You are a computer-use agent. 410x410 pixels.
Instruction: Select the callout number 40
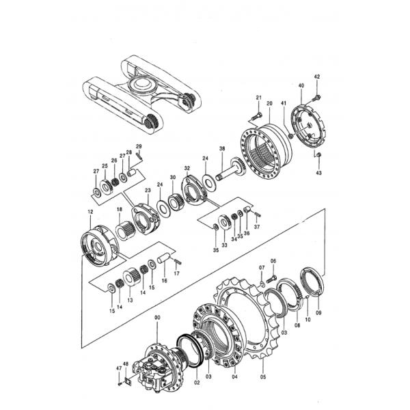pos(301,85)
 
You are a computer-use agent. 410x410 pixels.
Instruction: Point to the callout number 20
pos(269,103)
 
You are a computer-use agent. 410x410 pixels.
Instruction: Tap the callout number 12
pos(90,213)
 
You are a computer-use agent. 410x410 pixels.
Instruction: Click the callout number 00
pos(158,318)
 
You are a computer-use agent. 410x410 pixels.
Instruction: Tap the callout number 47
pos(117,368)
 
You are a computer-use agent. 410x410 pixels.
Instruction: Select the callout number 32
pos(187,168)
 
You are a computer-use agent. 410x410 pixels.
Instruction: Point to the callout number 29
pos(138,147)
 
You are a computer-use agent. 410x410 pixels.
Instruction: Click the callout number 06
pos(273,262)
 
